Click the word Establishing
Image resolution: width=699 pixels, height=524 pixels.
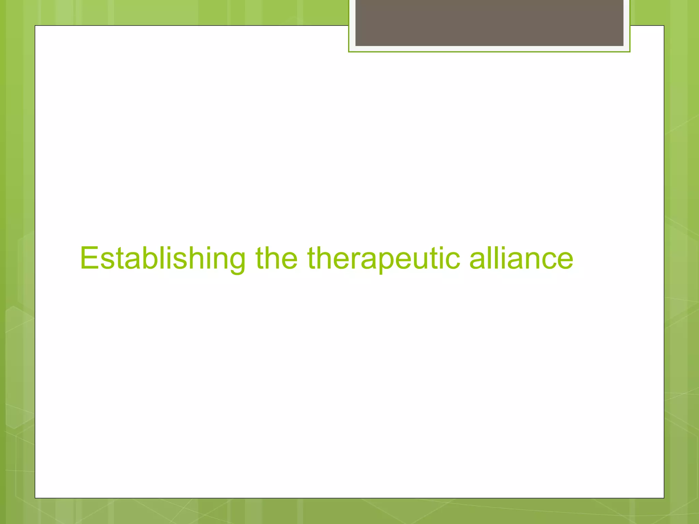click(x=162, y=258)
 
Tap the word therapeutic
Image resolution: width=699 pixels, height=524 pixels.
click(x=383, y=258)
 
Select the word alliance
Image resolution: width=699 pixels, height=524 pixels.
click(x=521, y=258)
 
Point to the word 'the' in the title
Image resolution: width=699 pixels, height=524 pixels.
click(x=276, y=258)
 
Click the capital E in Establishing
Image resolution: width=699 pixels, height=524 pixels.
click(x=89, y=258)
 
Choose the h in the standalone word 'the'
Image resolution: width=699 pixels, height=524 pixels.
click(x=275, y=258)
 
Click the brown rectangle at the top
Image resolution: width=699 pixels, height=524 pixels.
click(x=489, y=23)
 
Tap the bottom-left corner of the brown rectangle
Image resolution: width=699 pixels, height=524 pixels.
click(x=356, y=45)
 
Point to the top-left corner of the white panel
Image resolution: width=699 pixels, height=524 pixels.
click(x=35, y=26)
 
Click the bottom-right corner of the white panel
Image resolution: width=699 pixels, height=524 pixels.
click(x=664, y=498)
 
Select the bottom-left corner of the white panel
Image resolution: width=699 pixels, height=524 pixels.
click(x=35, y=498)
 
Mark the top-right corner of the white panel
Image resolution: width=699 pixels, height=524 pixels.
click(x=664, y=26)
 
